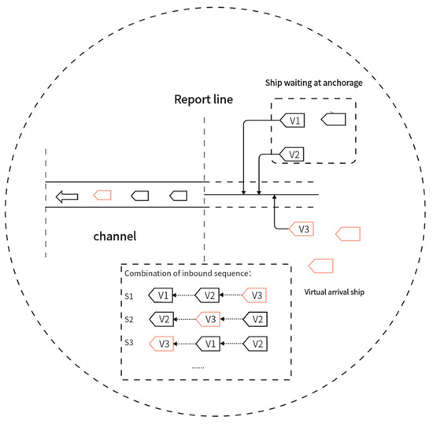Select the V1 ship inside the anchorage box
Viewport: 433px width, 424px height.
[293, 121]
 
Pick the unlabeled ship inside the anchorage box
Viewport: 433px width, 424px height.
[334, 120]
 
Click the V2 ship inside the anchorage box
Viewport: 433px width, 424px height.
[292, 154]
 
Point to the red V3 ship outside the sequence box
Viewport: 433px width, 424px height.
[300, 229]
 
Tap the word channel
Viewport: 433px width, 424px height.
[115, 236]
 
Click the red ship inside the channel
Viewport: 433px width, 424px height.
[102, 195]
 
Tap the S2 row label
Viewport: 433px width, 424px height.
[131, 319]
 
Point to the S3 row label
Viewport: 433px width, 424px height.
[131, 344]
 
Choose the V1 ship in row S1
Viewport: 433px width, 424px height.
[161, 296]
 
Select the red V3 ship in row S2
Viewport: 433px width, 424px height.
[207, 319]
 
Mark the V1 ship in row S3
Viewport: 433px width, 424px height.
[207, 344]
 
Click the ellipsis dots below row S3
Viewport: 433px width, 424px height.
[197, 366]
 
